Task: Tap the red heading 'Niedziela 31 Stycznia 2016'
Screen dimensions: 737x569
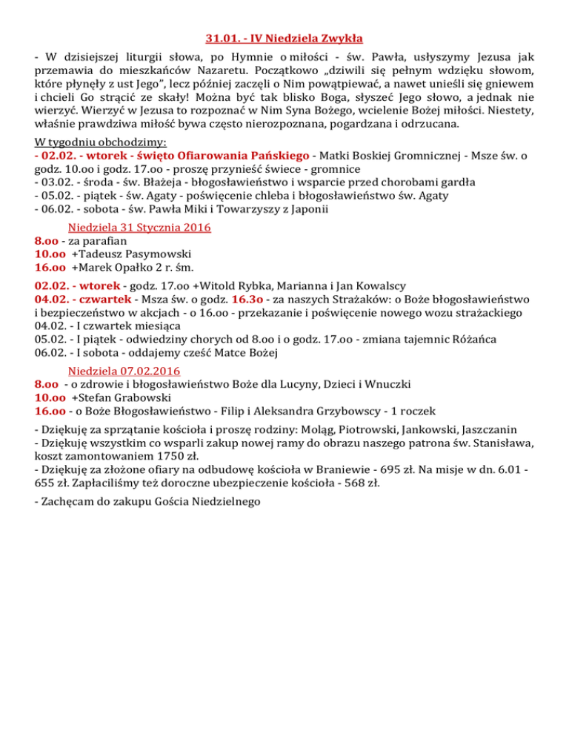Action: [x=139, y=228]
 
